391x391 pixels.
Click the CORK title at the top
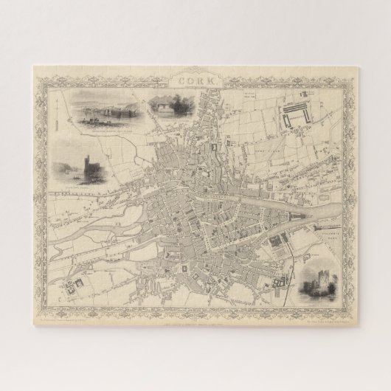[195, 77]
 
